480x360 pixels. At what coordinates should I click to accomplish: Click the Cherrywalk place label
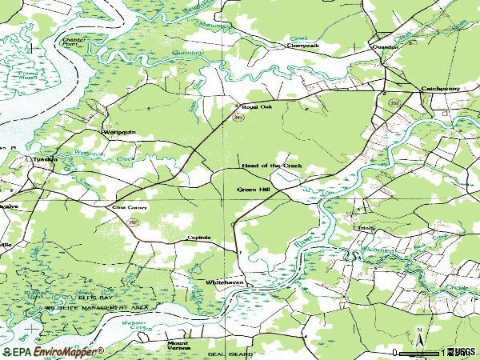(303, 46)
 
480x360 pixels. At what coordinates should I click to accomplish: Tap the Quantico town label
(385, 46)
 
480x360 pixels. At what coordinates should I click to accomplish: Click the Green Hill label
(253, 190)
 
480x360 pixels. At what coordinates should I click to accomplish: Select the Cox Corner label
(125, 207)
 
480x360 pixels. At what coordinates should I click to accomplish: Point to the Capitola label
(198, 238)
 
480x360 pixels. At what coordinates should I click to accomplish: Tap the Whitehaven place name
(223, 283)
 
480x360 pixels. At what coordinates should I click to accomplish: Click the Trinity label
(366, 228)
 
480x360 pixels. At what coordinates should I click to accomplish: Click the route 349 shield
(238, 118)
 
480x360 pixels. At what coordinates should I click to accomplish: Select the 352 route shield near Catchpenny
(394, 102)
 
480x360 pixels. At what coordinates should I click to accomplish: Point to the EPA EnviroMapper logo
(53, 351)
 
